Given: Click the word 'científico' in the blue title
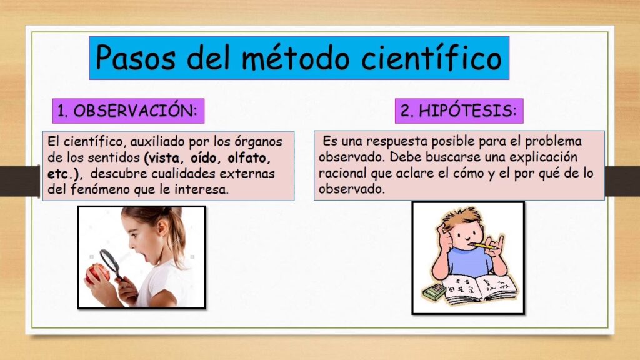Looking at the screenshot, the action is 431,57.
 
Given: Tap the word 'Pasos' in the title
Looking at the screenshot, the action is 135,57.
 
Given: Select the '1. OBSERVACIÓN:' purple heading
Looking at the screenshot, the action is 128,111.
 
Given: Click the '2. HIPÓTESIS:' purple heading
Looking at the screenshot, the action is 459,111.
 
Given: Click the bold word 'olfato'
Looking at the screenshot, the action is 249,157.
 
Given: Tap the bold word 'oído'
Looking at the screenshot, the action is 204,157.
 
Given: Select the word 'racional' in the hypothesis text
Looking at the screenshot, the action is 343,173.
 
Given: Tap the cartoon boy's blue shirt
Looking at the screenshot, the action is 469,262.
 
